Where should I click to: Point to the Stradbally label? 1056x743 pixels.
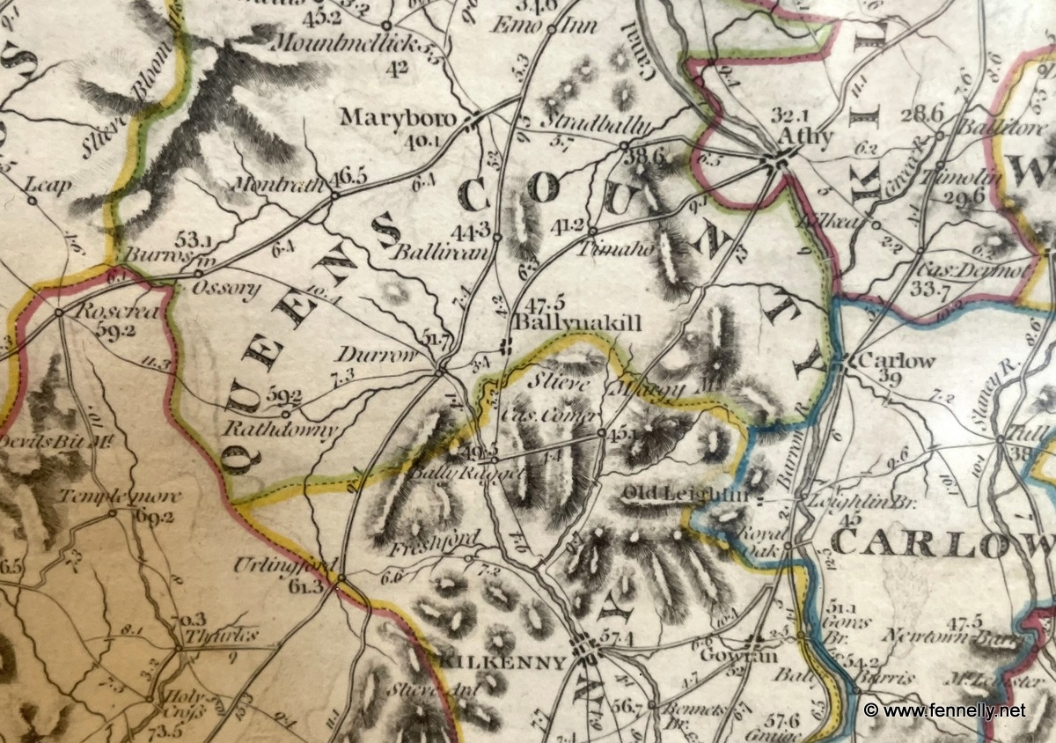[585, 120]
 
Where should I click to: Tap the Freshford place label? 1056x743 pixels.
[444, 539]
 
